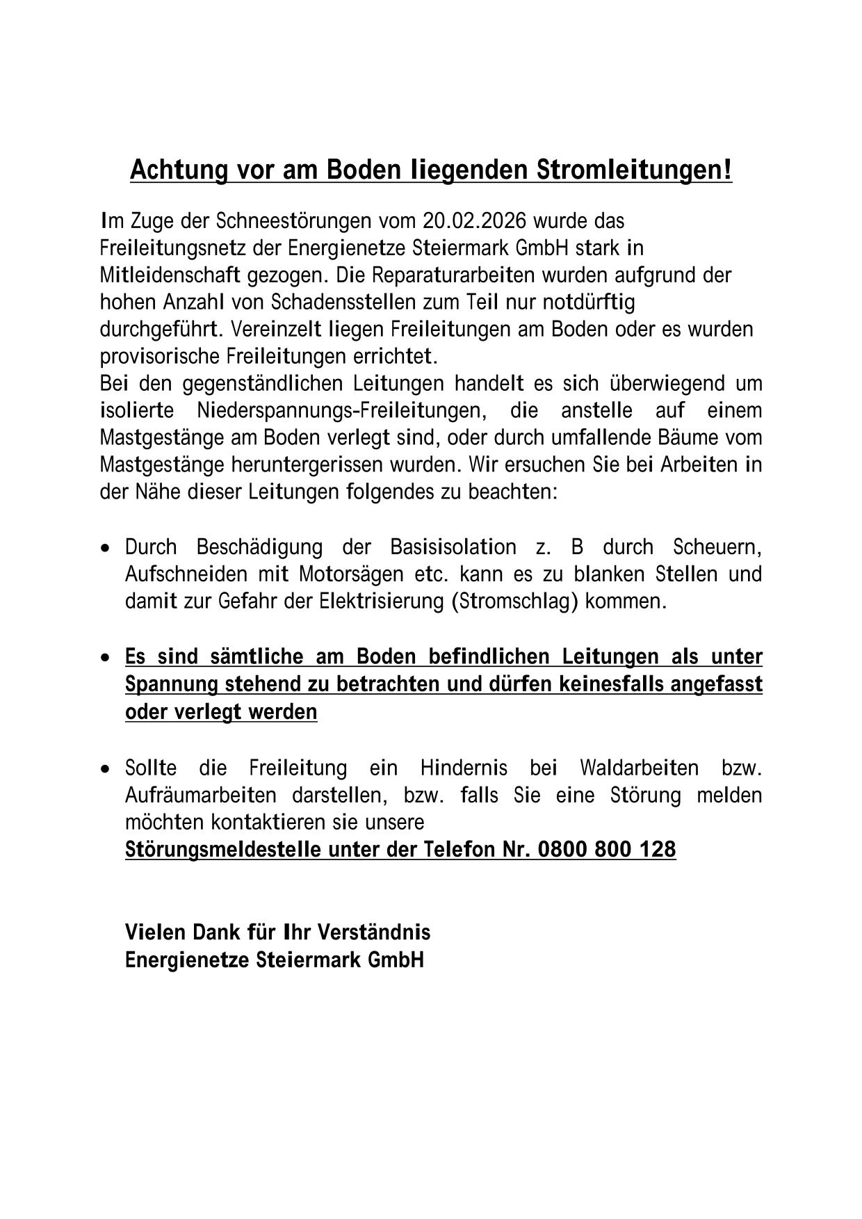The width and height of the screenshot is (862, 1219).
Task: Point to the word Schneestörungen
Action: click(x=294, y=221)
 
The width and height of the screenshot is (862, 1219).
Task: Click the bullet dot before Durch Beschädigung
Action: click(x=105, y=549)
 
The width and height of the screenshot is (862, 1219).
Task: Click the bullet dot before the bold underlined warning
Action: click(x=105, y=658)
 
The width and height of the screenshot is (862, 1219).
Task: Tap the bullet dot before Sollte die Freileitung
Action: click(x=105, y=770)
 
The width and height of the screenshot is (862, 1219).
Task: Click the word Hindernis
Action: click(x=464, y=768)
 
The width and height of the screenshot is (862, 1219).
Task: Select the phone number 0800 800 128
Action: click(x=606, y=849)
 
